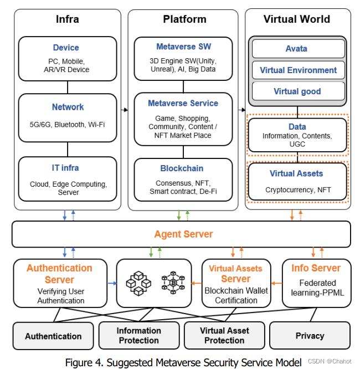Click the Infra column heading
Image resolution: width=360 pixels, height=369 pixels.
pyautogui.click(x=68, y=19)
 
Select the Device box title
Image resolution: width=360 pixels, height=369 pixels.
pyautogui.click(x=66, y=48)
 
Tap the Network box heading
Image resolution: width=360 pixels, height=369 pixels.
pyautogui.click(x=68, y=107)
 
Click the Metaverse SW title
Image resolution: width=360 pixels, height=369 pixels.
pyautogui.click(x=183, y=47)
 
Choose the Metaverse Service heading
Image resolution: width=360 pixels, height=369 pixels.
pyautogui.click(x=183, y=103)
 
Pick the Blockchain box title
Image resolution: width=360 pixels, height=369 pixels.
pyautogui.click(x=182, y=168)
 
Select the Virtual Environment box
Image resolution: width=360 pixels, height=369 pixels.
pyautogui.click(x=298, y=70)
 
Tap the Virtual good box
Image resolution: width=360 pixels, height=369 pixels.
pyautogui.click(x=297, y=91)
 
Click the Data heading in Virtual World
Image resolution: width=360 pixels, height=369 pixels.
pyautogui.click(x=297, y=126)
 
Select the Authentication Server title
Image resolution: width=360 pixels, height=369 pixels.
pyautogui.click(x=60, y=274)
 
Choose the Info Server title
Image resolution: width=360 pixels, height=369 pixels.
pyautogui.click(x=316, y=268)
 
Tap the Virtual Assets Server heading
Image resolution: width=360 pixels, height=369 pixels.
pyautogui.click(x=236, y=274)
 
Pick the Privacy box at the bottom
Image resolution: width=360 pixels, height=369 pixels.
pyautogui.click(x=310, y=335)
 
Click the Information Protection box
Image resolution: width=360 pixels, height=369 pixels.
pyautogui.click(x=138, y=335)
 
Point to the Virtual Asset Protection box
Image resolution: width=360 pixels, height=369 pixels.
pyautogui.click(x=224, y=335)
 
